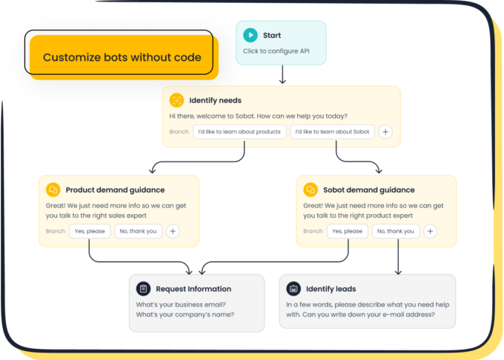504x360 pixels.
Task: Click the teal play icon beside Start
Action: (x=251, y=36)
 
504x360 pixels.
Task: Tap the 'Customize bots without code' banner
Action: (x=122, y=57)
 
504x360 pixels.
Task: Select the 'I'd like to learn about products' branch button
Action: (x=239, y=132)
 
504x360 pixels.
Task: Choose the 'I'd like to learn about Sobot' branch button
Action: (x=332, y=132)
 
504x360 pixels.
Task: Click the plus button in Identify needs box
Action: (x=385, y=132)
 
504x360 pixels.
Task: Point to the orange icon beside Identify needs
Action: (x=176, y=100)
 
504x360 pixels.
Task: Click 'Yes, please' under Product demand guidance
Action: (x=90, y=231)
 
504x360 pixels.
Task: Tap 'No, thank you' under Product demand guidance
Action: (x=138, y=231)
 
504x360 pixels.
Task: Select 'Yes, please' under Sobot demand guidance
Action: (x=347, y=231)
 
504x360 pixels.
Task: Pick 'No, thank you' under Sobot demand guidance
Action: (x=395, y=231)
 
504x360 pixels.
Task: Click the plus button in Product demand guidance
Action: (x=173, y=231)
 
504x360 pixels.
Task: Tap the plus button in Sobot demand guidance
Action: (x=431, y=231)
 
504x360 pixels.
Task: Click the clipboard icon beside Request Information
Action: (x=143, y=289)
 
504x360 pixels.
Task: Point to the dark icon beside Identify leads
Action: (x=294, y=289)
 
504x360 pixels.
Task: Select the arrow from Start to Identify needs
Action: (x=282, y=75)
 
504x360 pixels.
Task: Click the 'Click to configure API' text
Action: (x=276, y=51)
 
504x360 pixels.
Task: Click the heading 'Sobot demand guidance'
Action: (x=368, y=190)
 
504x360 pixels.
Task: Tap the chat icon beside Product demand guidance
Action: (x=53, y=190)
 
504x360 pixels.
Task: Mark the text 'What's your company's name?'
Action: (x=185, y=314)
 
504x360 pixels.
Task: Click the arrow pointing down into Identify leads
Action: (x=398, y=256)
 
